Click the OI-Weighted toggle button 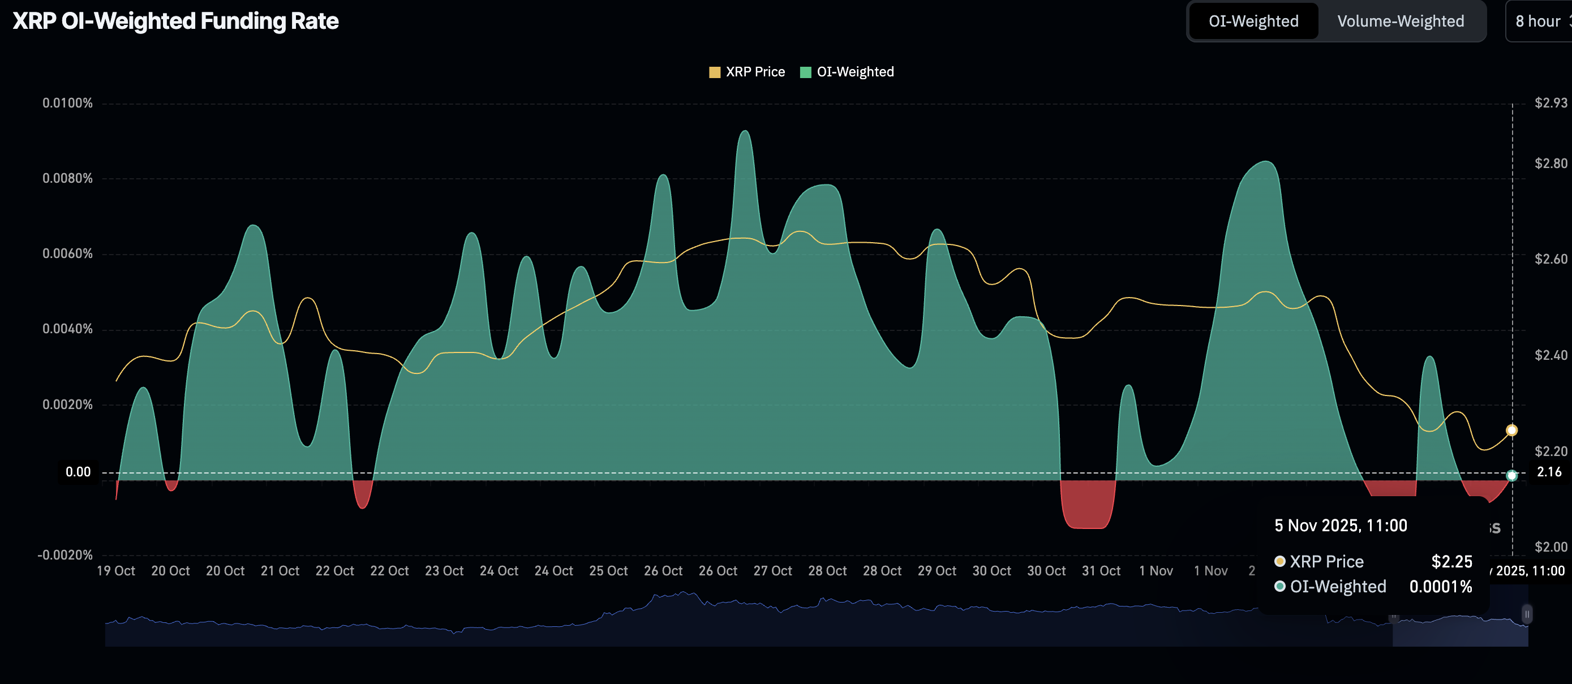point(1253,21)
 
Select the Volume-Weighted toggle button point(1401,21)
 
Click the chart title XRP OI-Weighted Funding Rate point(176,21)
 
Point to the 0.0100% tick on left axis point(68,103)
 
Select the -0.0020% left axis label point(65,554)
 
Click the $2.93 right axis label point(1550,103)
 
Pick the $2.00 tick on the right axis point(1550,547)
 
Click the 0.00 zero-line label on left point(78,472)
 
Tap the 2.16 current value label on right point(1549,472)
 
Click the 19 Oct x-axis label point(116,571)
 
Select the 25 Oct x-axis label point(608,571)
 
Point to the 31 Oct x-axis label point(1101,571)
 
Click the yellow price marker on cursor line point(1511,430)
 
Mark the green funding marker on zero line point(1511,475)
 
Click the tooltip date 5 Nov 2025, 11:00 point(1341,526)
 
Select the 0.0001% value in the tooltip point(1440,587)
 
